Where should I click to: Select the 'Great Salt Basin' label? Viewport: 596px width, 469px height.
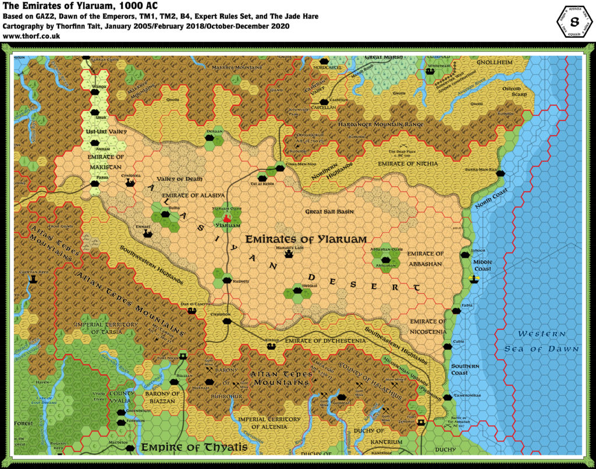[x=330, y=212]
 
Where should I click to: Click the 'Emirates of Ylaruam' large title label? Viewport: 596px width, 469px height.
[x=306, y=239]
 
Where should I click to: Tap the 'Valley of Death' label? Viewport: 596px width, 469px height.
[x=177, y=179]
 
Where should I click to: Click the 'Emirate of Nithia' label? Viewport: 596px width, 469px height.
[x=407, y=164]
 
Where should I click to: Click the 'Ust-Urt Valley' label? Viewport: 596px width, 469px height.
[x=107, y=132]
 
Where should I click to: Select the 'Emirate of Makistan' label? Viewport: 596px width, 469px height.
[x=106, y=161]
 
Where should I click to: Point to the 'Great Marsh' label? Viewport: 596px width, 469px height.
[x=384, y=58]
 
